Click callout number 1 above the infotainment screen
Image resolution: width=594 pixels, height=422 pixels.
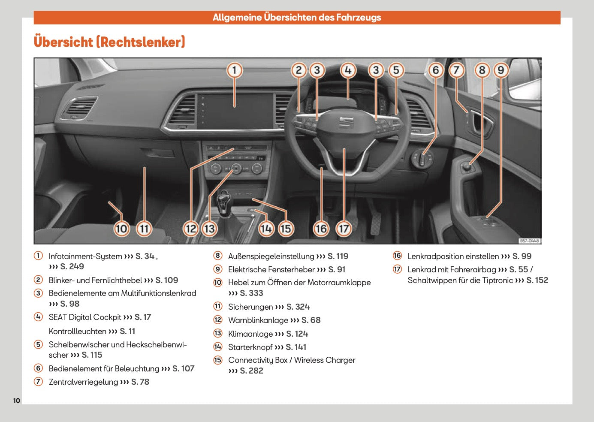coord(234,70)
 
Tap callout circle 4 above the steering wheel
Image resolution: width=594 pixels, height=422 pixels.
coord(348,70)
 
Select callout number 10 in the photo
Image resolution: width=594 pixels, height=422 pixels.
coord(121,229)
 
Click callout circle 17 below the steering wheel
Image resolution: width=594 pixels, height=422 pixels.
coord(344,229)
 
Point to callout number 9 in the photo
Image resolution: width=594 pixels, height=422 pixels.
coord(501,70)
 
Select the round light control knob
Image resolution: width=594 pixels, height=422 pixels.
coord(423,159)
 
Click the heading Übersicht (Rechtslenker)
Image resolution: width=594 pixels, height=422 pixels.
coord(109,42)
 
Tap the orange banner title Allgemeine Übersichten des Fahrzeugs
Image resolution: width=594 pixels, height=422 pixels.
coord(297,18)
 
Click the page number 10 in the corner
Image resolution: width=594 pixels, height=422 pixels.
coord(16,401)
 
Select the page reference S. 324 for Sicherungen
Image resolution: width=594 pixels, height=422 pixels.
coord(298,307)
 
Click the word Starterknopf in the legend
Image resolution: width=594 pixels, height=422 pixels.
coord(250,347)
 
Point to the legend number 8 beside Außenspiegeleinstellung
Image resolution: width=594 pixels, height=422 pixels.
coord(218,256)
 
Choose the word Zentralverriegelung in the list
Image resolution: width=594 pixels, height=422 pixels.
coord(83,382)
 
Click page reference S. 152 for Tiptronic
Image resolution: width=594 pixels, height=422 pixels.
coord(537,280)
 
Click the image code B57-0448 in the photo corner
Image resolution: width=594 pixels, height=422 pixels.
coord(529,241)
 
